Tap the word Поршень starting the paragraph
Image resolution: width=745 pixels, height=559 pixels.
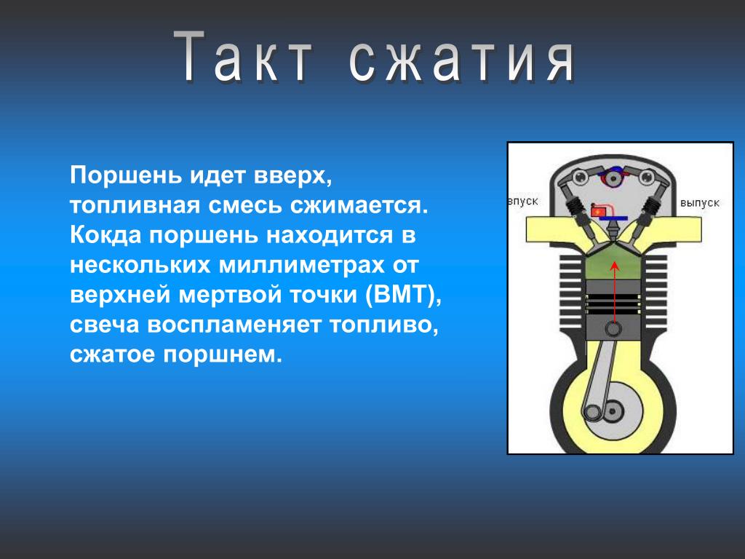click(x=126, y=175)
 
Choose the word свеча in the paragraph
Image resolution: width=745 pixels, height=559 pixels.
click(x=105, y=325)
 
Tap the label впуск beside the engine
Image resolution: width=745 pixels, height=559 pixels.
click(x=523, y=202)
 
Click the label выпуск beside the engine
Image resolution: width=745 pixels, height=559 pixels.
click(x=699, y=203)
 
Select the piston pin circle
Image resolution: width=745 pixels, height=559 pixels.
click(x=613, y=328)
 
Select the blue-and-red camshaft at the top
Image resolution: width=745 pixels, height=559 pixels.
click(x=614, y=177)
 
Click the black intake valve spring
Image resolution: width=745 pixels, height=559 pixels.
click(x=575, y=208)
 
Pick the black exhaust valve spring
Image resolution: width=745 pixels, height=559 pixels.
click(x=650, y=208)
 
